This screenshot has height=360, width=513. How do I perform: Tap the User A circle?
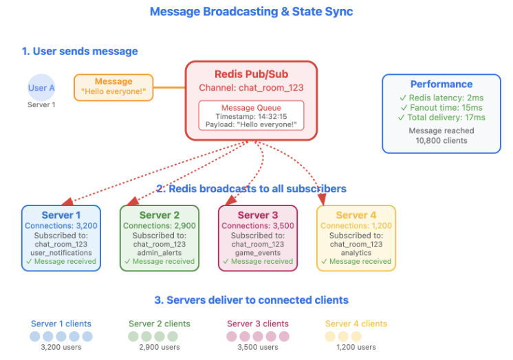(41, 88)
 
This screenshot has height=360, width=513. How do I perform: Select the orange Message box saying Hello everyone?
(113, 87)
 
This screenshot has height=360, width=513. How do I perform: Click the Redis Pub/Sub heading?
(251, 74)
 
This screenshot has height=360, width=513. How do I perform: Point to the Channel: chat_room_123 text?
(251, 88)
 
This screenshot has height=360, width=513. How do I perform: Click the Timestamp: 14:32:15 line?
(251, 116)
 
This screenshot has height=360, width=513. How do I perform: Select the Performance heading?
(441, 84)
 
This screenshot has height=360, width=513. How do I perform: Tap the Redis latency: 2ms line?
(441, 98)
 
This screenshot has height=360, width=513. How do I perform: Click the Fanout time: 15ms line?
(441, 108)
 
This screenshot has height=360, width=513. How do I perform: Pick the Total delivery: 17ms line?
(441, 117)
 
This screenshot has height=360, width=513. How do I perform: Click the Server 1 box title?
(61, 215)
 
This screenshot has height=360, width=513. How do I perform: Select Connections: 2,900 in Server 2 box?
(159, 225)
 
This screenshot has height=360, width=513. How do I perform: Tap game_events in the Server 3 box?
(257, 252)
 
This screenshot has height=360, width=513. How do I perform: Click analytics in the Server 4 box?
(356, 252)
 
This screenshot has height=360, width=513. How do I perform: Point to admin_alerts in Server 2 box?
(159, 252)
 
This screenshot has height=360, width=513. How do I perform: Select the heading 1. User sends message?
(79, 52)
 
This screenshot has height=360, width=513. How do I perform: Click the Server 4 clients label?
(356, 324)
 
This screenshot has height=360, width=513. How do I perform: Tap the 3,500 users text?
(258, 348)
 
